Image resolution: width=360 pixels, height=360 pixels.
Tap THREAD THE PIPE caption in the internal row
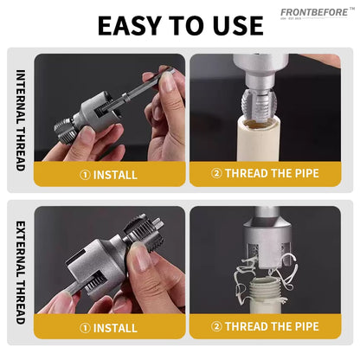272,173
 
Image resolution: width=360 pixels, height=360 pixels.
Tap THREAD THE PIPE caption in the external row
272,326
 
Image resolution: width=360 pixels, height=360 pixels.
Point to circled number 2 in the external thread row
216,326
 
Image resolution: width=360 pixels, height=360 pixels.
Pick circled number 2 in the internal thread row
216,173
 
